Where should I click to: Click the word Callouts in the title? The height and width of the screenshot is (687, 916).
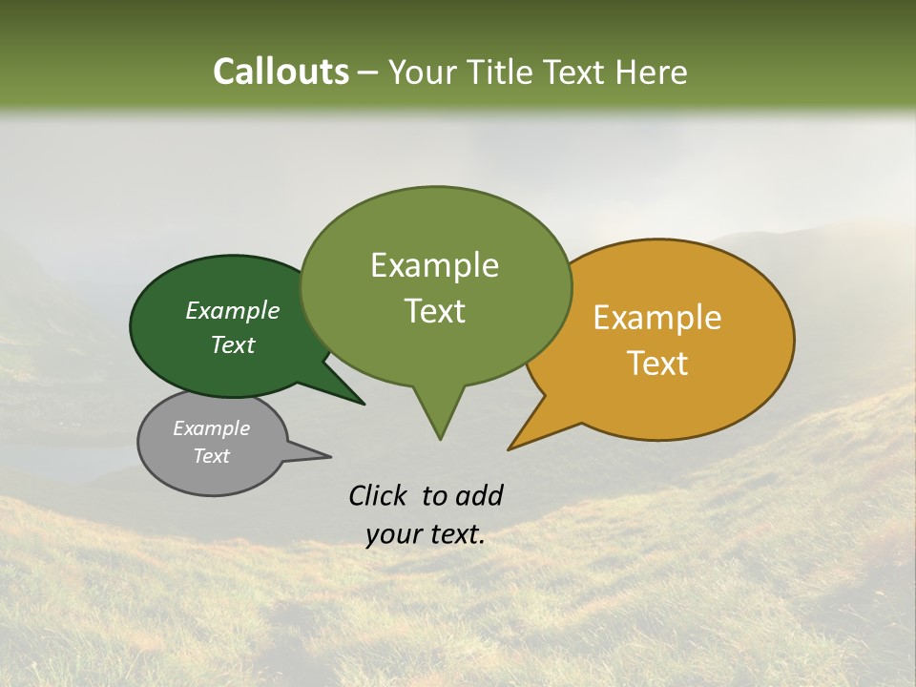point(281,72)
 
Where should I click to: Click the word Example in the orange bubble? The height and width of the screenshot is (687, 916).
point(657,318)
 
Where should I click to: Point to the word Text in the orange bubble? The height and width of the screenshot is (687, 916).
point(658,364)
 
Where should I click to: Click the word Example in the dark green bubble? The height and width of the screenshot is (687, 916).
point(233,310)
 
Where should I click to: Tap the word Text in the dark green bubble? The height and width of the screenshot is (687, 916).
point(233,345)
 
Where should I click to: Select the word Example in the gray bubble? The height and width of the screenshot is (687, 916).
point(211,428)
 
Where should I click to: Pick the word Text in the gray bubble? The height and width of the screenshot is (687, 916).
point(211,456)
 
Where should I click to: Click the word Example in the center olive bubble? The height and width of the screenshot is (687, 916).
point(434,265)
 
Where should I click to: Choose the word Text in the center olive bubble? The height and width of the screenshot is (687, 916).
point(435,311)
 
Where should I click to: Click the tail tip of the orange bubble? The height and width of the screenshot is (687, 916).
point(510,448)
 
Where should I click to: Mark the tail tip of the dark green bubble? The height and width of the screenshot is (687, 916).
point(364,404)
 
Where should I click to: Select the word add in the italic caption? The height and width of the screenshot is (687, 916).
point(478,495)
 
